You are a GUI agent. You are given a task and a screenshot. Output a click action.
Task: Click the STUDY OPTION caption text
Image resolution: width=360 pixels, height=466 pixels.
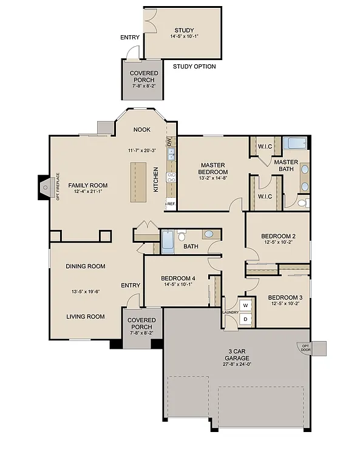pos(194,67)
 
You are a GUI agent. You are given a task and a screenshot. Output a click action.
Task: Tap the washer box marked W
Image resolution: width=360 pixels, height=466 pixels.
pos(246,305)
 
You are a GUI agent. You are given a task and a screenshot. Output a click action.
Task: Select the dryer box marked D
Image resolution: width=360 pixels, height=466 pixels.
pos(246,319)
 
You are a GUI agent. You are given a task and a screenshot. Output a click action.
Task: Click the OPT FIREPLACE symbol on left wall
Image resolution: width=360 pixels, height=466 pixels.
pos(46,188)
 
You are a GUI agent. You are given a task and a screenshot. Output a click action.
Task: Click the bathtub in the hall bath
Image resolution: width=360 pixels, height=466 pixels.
pos(168,241)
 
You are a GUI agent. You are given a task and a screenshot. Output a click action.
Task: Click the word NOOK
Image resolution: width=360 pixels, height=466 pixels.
pos(143,129)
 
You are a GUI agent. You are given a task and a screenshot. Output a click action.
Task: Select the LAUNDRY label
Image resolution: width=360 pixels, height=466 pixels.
pos(230,312)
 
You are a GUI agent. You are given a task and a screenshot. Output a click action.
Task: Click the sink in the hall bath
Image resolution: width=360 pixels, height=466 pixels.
pos(208,234)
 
